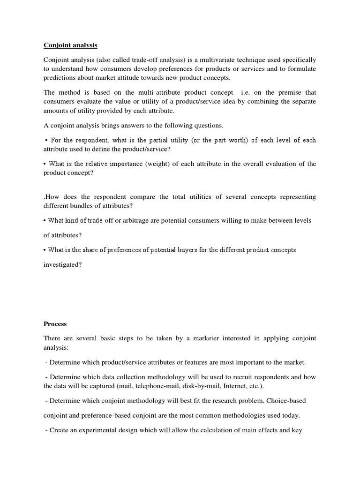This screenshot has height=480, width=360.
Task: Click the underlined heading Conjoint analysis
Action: (x=70, y=45)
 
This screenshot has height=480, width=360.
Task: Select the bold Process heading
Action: (x=55, y=324)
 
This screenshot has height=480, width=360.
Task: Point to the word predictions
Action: (x=60, y=78)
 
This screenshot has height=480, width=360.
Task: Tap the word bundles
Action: (x=91, y=206)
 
